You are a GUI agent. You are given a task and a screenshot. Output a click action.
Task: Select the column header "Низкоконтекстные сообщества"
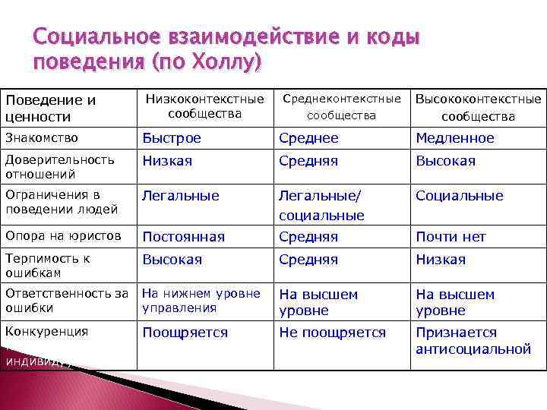coord(204,106)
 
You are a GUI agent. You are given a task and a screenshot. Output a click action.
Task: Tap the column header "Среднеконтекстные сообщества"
coord(341,106)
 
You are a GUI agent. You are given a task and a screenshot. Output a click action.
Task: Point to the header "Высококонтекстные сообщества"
coord(478,107)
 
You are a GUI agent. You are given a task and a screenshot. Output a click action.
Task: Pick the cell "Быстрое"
coord(172,138)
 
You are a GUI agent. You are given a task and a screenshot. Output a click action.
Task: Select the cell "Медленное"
coord(454,138)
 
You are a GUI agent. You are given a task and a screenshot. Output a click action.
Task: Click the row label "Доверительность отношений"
coord(59,166)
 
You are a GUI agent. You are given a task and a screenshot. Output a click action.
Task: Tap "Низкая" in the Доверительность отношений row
coord(167,161)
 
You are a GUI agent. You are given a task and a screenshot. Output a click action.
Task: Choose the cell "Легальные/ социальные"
coord(321,205)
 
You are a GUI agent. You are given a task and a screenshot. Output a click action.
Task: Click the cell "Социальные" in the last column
coord(459,196)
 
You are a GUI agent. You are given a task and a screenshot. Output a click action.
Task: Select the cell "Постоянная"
coord(184,237)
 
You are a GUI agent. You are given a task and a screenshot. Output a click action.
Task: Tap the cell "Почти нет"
coord(451,237)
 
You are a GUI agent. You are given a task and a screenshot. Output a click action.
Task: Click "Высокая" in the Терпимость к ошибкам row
coord(172,260)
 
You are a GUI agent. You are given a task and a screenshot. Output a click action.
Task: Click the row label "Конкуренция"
coord(46,332)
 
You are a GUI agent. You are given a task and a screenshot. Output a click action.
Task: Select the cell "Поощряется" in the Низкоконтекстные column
coord(185,333)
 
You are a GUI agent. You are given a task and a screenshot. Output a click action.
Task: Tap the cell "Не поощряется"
coord(332,333)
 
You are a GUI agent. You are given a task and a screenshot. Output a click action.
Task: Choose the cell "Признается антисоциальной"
coord(473,340)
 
